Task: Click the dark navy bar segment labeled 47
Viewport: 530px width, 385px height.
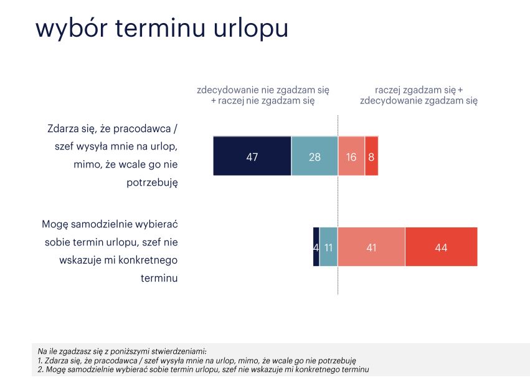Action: click(252, 156)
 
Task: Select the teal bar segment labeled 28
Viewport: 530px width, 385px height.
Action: click(315, 156)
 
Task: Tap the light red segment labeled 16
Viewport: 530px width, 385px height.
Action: click(351, 156)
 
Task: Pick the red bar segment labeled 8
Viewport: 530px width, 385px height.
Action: click(371, 156)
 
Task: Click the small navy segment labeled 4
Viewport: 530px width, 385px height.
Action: click(316, 247)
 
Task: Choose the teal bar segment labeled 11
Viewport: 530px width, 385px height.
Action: click(329, 247)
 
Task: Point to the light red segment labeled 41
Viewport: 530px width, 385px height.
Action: click(371, 247)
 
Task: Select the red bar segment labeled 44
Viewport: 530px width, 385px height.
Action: click(442, 247)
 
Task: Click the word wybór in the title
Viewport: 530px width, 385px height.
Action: click(72, 29)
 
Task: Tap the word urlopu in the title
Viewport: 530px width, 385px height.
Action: click(250, 29)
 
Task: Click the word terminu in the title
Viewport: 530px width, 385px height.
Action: click(160, 27)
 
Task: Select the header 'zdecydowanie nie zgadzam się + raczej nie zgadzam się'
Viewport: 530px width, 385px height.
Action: click(263, 95)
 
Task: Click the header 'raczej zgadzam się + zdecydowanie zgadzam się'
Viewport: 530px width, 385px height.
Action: click(419, 95)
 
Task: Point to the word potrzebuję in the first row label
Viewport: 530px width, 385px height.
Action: click(152, 183)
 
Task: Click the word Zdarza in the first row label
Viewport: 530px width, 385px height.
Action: click(62, 129)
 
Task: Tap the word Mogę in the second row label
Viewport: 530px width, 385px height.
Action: click(55, 225)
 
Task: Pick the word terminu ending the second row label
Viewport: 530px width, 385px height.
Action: click(159, 278)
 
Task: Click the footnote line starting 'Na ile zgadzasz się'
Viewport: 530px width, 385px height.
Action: click(122, 351)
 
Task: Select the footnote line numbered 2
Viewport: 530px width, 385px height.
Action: click(203, 369)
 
